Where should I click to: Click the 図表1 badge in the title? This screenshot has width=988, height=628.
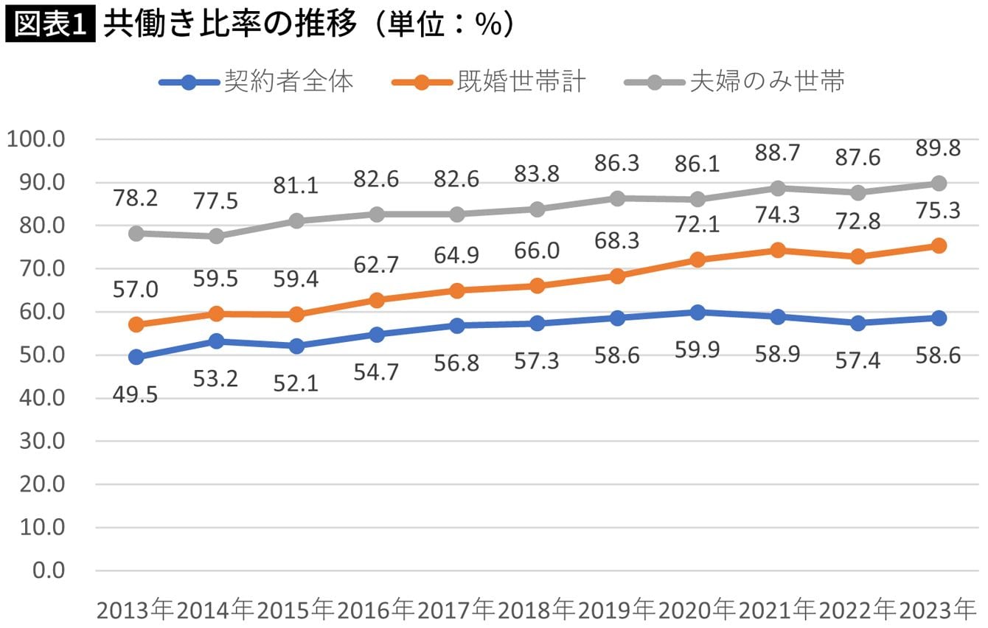coord(49,24)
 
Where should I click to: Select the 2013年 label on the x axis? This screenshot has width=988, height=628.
coord(135,610)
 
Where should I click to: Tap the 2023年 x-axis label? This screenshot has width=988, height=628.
coord(936,610)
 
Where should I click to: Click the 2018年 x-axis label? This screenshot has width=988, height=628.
coord(536,610)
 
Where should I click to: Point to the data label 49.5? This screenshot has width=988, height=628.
coord(135,395)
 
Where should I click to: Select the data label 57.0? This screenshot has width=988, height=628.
coord(135,290)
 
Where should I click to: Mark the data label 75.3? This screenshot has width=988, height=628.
coord(938,212)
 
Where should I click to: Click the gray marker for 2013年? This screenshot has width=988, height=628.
coord(136,234)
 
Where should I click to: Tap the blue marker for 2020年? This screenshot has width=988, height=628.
coord(697,313)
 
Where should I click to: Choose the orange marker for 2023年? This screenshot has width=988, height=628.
coord(938,246)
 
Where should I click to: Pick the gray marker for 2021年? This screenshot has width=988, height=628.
coord(777,188)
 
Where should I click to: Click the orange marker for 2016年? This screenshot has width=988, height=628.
coord(376,300)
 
